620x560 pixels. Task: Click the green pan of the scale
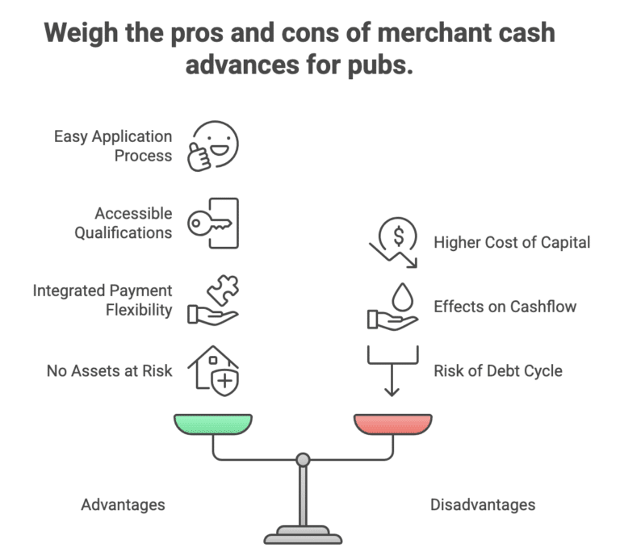(x=213, y=424)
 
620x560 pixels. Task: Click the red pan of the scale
(x=392, y=424)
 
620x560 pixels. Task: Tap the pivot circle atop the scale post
(x=303, y=459)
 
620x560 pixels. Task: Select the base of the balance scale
(x=303, y=534)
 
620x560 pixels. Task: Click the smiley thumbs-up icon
(x=213, y=146)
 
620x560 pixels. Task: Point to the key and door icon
(x=213, y=223)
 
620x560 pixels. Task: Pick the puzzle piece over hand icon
(x=213, y=300)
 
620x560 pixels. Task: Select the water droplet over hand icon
(x=393, y=307)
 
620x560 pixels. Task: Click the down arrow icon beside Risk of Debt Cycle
(x=392, y=370)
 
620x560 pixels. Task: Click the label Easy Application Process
(x=113, y=146)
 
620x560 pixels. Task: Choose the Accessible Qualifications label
(x=123, y=223)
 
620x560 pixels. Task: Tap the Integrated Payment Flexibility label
(x=103, y=300)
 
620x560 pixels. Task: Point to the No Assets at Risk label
(x=110, y=371)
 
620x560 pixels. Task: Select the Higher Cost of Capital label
(x=512, y=242)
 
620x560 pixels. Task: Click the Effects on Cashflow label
(x=505, y=307)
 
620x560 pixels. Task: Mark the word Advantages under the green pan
(x=123, y=505)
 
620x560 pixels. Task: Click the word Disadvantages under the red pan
(x=482, y=505)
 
